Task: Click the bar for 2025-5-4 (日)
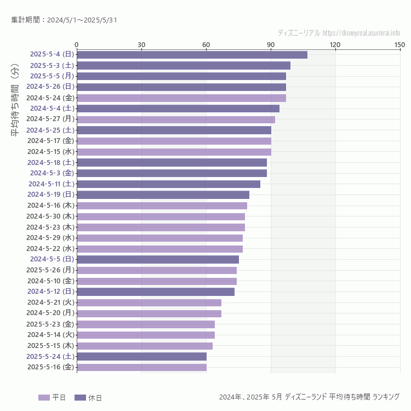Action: pyautogui.click(x=192, y=54)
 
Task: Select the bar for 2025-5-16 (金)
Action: pyautogui.click(x=141, y=367)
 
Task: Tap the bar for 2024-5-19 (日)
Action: pyautogui.click(x=163, y=195)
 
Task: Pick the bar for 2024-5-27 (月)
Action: pyautogui.click(x=175, y=119)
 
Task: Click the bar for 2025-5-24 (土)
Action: pyautogui.click(x=141, y=356)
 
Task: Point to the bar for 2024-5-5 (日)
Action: pyautogui.click(x=157, y=259)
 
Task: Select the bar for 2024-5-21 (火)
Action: pyautogui.click(x=149, y=302)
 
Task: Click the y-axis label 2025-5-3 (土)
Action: pyautogui.click(x=52, y=65)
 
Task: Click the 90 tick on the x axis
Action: pyautogui.click(x=271, y=44)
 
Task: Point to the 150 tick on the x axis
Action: pyautogui.click(x=399, y=44)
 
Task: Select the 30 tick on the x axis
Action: pyautogui.click(x=141, y=44)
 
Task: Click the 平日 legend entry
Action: pyautogui.click(x=52, y=397)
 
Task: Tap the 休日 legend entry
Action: pyautogui.click(x=88, y=397)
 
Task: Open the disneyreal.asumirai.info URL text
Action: pyautogui.click(x=361, y=33)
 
